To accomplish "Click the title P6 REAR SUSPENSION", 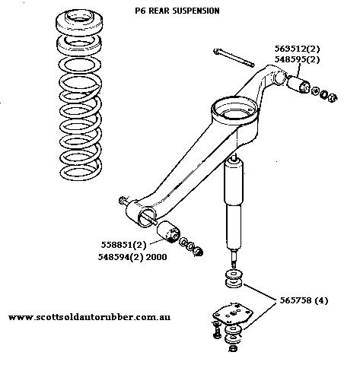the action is tap(177, 11).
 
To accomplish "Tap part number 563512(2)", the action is tap(297, 49).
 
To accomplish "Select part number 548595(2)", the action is tap(297, 59).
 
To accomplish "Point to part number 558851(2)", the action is tap(123, 245).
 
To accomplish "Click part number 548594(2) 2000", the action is tap(132, 257).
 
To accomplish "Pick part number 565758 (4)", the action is tap(304, 300).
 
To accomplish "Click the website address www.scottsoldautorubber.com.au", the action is tap(89, 317).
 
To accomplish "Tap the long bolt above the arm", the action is tap(234, 58).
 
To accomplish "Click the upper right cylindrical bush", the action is tap(298, 85).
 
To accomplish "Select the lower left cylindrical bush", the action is tap(168, 231).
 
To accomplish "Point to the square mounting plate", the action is tap(233, 313).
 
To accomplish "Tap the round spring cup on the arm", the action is tap(234, 112).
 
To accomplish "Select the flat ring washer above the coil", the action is tap(79, 65).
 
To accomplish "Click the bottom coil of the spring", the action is tap(81, 172).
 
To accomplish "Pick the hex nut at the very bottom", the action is tap(233, 348).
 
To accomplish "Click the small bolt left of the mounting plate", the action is tap(216, 330).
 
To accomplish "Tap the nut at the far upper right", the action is tap(333, 97).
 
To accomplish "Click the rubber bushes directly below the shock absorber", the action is tap(234, 279).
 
